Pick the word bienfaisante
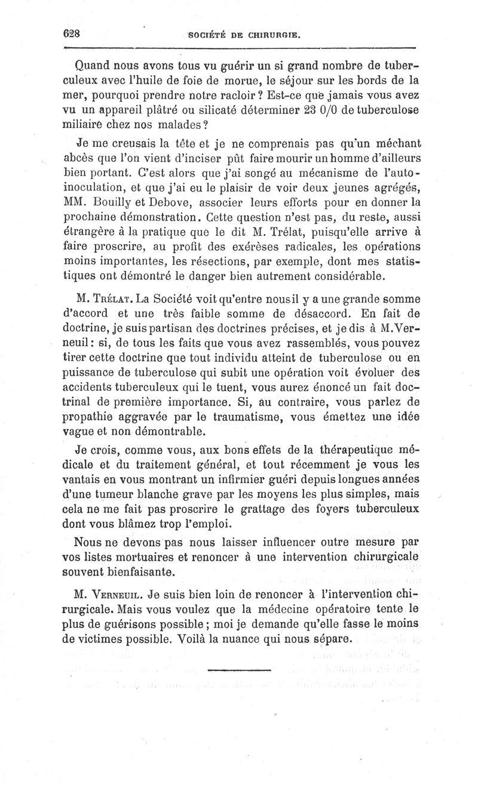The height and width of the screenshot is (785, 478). pyautogui.click(x=140, y=571)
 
